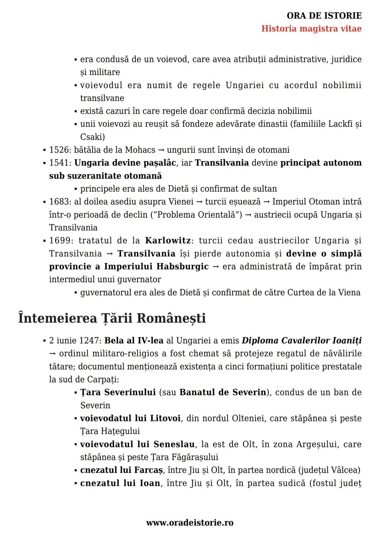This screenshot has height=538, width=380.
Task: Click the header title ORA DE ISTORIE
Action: click(324, 16)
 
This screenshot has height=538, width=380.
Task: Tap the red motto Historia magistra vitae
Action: click(311, 29)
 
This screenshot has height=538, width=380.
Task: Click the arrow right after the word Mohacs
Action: click(161, 150)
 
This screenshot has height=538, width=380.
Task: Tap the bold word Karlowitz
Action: click(168, 241)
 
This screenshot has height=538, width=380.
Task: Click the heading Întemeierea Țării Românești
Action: click(112, 318)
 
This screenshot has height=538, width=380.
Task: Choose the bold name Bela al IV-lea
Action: click(134, 340)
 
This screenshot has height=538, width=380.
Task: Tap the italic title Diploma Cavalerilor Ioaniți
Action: click(302, 340)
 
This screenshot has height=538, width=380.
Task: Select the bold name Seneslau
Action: click(174, 444)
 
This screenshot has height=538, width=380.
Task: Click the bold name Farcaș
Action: click(148, 470)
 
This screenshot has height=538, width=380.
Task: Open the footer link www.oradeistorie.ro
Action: click(190, 522)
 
